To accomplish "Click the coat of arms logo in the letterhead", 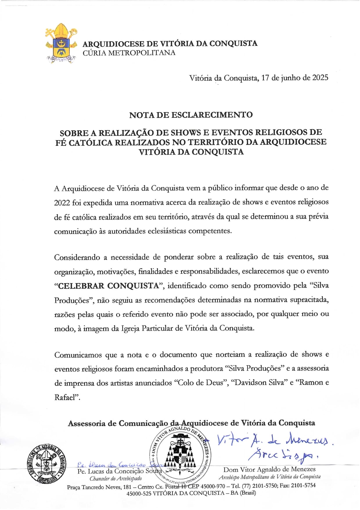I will coord(61,44).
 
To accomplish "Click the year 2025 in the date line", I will coord(320,78).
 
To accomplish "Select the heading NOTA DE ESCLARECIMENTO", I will coord(191,115).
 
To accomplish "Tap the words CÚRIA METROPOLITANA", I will coord(129,53).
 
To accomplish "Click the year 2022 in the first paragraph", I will coord(62,203).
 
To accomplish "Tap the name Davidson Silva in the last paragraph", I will coord(259,383).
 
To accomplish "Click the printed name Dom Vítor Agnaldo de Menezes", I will coord(269,469).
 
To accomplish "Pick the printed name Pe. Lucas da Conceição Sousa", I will coord(119,471).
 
